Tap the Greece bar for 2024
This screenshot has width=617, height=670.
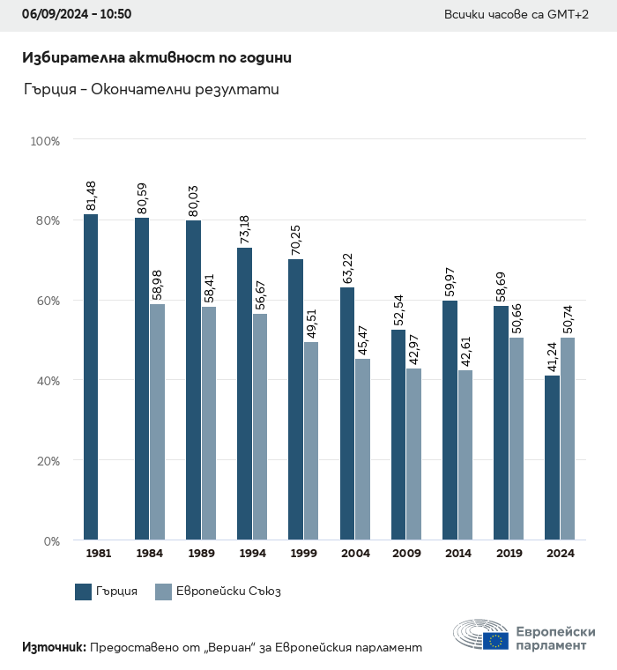[x=552, y=458]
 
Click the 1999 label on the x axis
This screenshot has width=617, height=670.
[x=303, y=554]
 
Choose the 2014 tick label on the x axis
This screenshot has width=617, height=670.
[x=457, y=554]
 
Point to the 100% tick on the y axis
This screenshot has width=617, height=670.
[x=44, y=140]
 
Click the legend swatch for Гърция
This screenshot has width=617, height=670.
[x=84, y=592]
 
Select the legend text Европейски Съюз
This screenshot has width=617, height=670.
[x=228, y=592]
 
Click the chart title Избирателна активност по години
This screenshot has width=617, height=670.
[x=157, y=57]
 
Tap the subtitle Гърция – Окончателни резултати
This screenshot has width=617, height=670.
[x=151, y=89]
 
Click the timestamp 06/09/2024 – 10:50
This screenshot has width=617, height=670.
[x=77, y=15]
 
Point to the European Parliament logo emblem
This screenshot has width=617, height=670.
[x=481, y=636]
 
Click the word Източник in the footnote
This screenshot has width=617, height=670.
[x=54, y=647]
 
